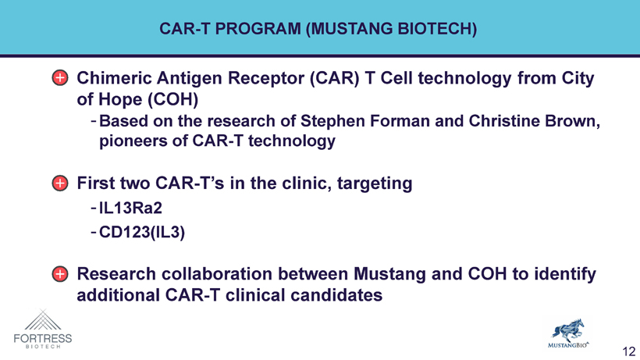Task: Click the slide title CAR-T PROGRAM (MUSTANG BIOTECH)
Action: (x=318, y=29)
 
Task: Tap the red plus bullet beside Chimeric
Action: (x=60, y=77)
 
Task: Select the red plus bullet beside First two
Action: (x=60, y=183)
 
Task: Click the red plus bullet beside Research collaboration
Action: (x=60, y=274)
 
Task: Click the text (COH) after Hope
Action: (x=173, y=99)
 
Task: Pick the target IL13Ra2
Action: (x=130, y=209)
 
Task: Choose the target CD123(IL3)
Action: (x=142, y=232)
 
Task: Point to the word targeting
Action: (x=375, y=184)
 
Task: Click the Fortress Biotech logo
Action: (x=43, y=329)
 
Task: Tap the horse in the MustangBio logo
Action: (x=567, y=330)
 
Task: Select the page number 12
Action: (x=629, y=351)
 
